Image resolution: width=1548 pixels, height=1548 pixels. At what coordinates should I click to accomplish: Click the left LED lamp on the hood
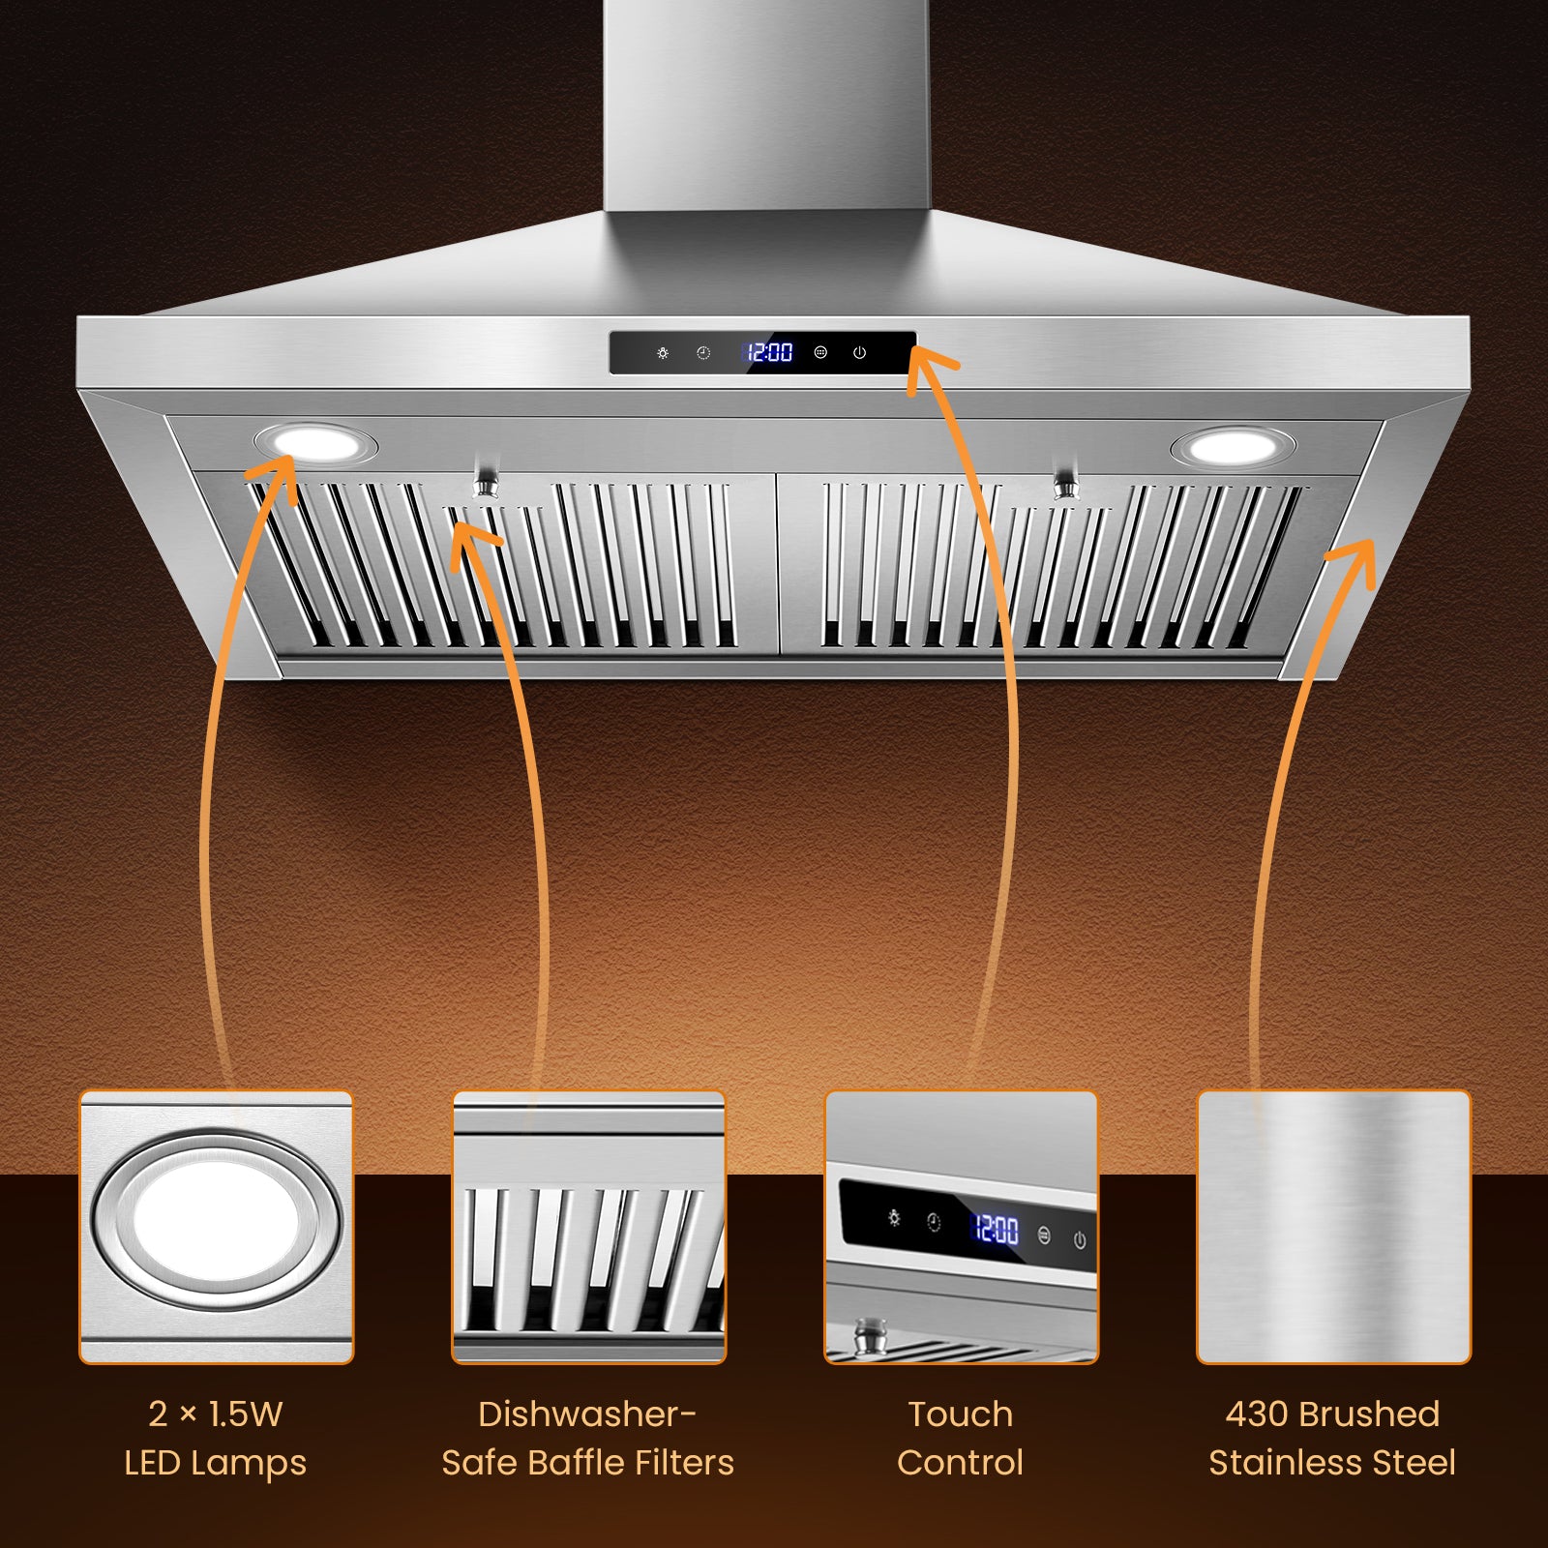pos(315,444)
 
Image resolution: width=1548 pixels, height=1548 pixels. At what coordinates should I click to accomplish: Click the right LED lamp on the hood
pos(1232,447)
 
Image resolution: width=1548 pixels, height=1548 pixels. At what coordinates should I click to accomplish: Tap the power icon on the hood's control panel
pos(859,353)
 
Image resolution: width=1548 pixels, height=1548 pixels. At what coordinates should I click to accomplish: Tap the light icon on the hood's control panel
pos(663,353)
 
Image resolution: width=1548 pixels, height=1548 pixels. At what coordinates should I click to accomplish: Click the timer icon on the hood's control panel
pos(703,353)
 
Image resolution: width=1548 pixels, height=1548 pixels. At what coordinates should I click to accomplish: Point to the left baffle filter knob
pos(486,481)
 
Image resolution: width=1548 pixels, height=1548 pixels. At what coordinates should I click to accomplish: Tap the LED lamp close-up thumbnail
pos(216,1227)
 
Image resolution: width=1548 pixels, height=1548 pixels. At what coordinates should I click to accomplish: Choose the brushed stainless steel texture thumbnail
pos(1333,1227)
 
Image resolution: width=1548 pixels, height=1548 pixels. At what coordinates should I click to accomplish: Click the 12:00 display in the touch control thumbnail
pos(996,1230)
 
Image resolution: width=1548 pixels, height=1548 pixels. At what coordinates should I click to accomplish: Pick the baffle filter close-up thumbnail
pos(588,1227)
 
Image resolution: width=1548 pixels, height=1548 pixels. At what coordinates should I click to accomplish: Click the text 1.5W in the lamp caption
pos(246,1414)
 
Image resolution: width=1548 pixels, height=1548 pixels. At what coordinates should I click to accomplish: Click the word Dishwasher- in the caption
pos(587,1414)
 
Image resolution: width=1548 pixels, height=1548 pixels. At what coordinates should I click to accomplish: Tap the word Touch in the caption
pos(960,1414)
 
